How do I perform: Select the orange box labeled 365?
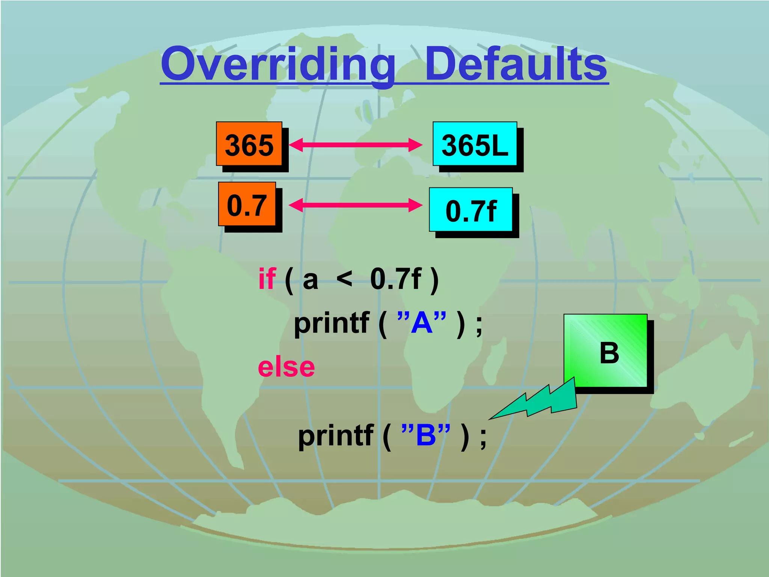[249, 144]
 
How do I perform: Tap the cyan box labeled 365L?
[475, 144]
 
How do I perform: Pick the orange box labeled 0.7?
[247, 204]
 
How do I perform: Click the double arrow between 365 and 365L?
[355, 145]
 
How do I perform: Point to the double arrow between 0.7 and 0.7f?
[355, 205]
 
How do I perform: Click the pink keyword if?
[267, 279]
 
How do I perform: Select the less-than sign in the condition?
[344, 279]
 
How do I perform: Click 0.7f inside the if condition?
[396, 279]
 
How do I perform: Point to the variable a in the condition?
[310, 280]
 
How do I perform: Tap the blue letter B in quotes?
[426, 435]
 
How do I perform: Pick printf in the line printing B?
[335, 436]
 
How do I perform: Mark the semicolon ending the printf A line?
[478, 325]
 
